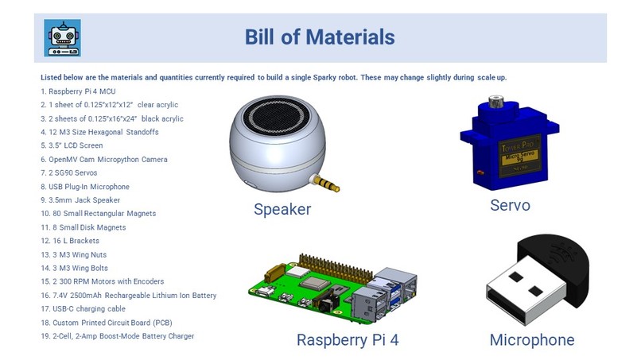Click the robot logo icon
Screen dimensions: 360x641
coord(62,37)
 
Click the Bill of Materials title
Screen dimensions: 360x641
coord(320,37)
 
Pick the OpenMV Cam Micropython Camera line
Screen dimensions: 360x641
coord(104,159)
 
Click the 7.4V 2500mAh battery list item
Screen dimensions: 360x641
coord(128,295)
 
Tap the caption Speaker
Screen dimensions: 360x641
coord(282,210)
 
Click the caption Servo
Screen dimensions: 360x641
coord(510,205)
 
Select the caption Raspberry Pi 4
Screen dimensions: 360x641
coord(347,340)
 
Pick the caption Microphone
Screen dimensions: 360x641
coord(531,340)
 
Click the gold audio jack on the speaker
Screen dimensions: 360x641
coord(327,183)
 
